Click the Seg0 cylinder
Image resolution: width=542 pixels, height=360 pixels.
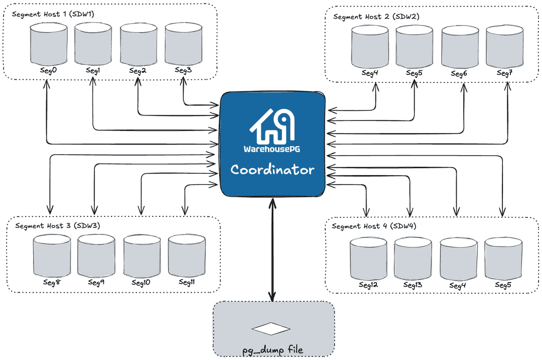tap(48, 45)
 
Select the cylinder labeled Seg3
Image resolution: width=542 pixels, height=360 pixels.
tap(183, 44)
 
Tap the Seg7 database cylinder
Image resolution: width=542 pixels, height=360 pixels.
tap(504, 47)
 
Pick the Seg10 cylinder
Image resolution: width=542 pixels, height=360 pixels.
tap(142, 256)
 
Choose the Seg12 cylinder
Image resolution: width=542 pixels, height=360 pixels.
tap(368, 259)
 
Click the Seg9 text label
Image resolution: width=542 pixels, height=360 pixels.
tap(96, 283)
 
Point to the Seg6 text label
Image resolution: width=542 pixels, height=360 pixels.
tap(459, 74)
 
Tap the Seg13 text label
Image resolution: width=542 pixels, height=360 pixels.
tap(413, 285)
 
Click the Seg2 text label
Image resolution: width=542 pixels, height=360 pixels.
tap(138, 71)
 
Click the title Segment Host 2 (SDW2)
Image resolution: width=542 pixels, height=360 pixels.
tap(376, 17)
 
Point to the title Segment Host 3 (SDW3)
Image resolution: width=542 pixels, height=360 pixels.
tap(58, 226)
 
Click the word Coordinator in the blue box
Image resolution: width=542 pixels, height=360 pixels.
tap(273, 170)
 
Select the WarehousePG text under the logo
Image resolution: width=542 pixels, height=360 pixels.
tap(272, 149)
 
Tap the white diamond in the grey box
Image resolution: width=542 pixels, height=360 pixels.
tap(271, 329)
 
